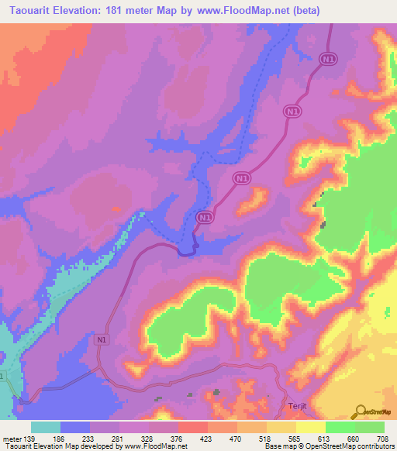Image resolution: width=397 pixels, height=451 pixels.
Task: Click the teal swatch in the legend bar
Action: point(46,428)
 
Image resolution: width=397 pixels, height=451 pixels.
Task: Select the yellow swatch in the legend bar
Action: point(281,428)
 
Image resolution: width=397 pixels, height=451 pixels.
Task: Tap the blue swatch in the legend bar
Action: point(75,428)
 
